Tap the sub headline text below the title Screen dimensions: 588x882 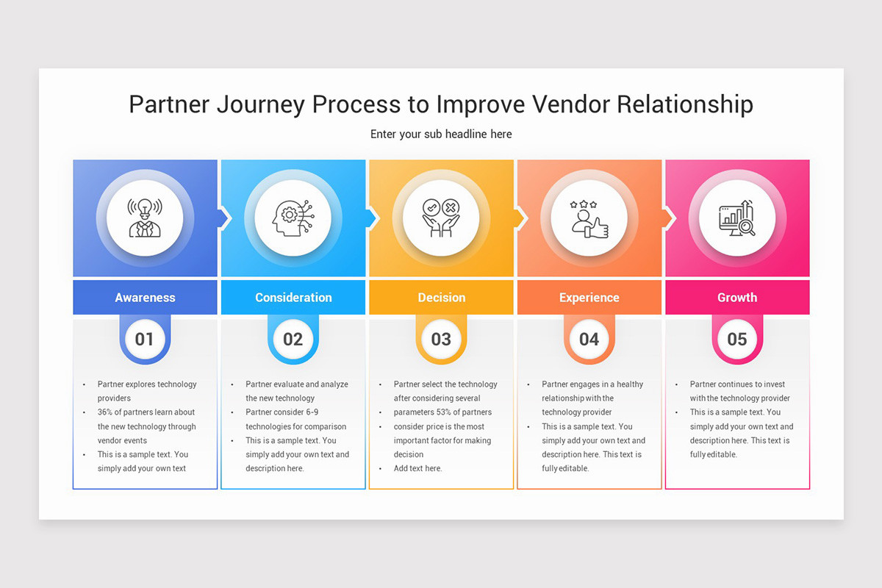441,135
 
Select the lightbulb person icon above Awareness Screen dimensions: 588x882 145,218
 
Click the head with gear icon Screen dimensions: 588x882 293,218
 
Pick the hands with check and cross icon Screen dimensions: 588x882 441,218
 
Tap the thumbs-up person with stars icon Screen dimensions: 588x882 589,218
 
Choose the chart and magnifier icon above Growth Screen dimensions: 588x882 737,218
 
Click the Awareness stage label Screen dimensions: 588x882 145,298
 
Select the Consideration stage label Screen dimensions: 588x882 293,298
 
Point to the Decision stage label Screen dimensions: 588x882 441,298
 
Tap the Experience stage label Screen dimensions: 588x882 589,298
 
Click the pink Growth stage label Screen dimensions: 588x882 737,298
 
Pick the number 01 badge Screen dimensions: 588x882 145,339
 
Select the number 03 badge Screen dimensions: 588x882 441,339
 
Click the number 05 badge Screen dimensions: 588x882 737,339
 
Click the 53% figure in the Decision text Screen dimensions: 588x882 446,412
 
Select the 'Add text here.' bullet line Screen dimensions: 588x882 417,469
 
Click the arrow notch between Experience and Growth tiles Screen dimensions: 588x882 670,218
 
